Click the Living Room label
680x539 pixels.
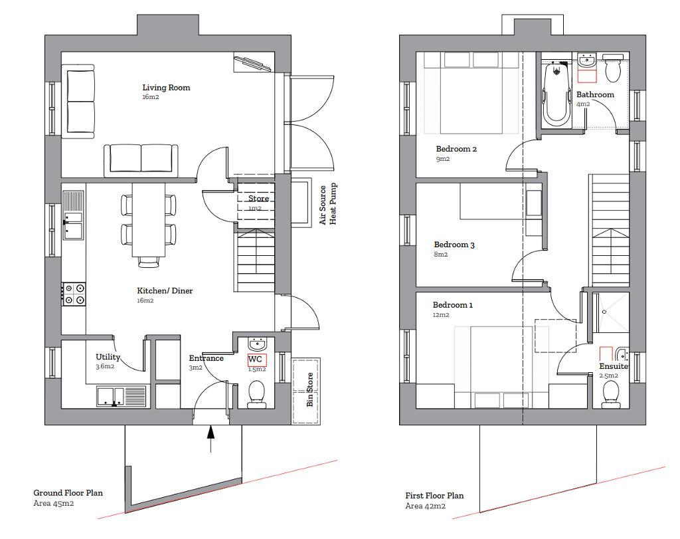tap(166, 87)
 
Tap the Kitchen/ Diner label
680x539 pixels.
tap(165, 290)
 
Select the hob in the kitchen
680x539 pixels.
tap(74, 294)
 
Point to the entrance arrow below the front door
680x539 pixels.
tap(211, 439)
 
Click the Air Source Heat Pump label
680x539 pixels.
tap(328, 205)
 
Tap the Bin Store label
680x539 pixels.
tap(309, 389)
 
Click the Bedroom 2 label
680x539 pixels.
tap(456, 149)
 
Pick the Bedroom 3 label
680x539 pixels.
tap(454, 245)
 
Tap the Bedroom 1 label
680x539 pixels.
tap(453, 305)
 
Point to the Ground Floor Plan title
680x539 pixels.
tap(68, 492)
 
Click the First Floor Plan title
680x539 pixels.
tap(434, 495)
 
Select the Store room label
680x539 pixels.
tap(258, 199)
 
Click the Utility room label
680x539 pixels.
tap(108, 357)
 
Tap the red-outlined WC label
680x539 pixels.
tap(256, 360)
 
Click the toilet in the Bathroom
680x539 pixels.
tap(613, 68)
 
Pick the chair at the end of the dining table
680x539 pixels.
tap(149, 261)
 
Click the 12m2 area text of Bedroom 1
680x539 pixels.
tap(441, 315)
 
